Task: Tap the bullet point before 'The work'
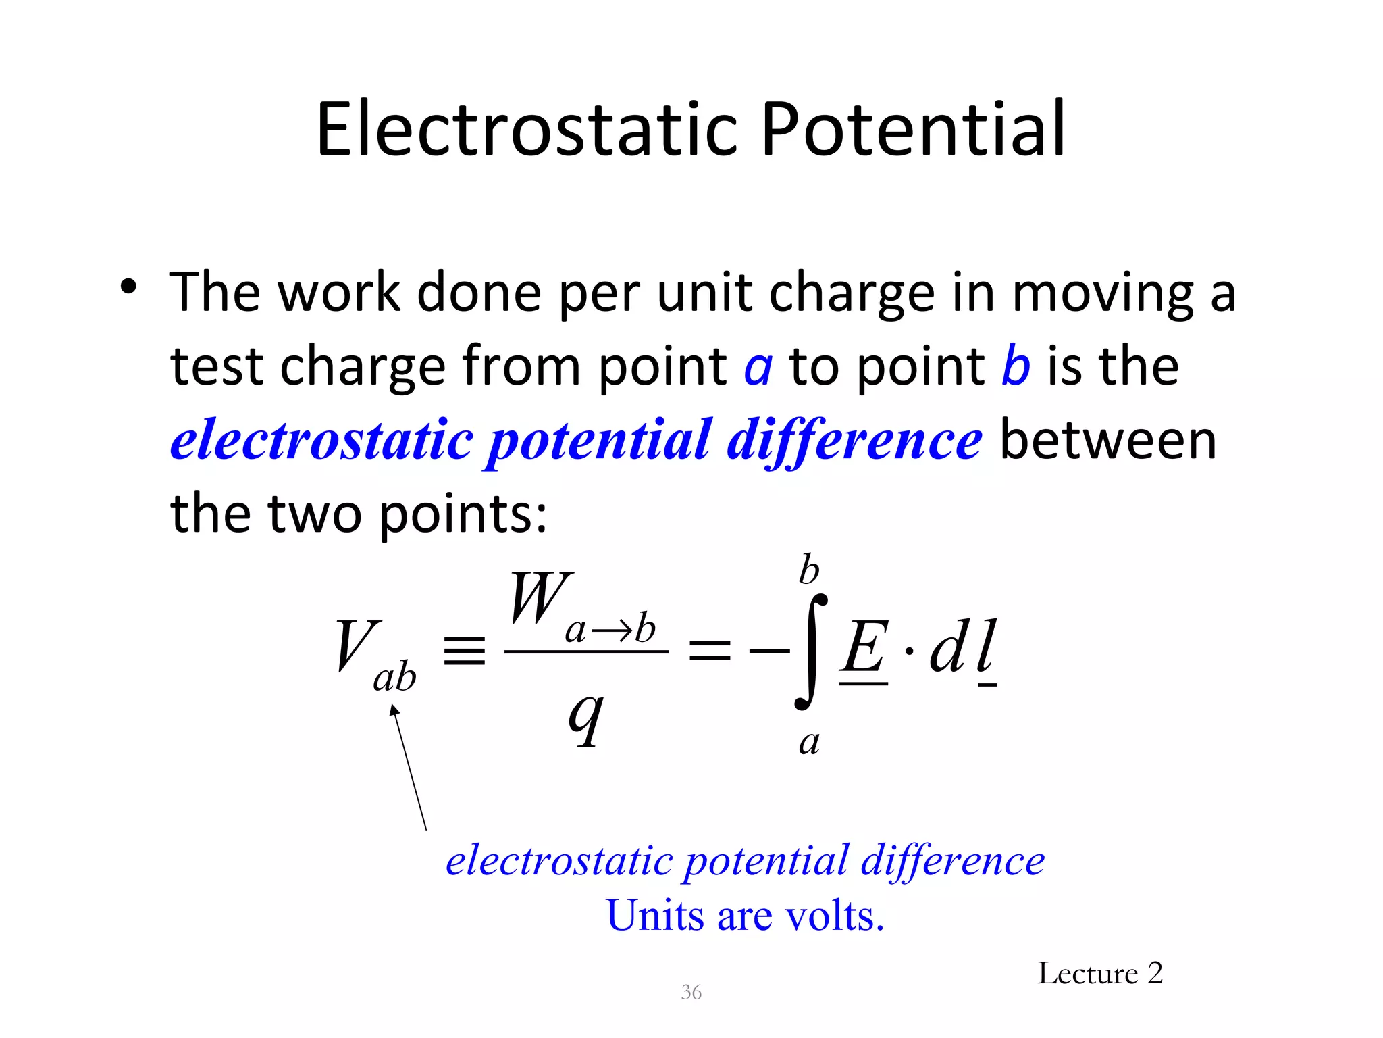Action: click(x=128, y=288)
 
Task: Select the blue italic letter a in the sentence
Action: click(x=758, y=367)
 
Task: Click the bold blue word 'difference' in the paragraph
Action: click(x=854, y=441)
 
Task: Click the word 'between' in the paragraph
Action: click(x=1107, y=441)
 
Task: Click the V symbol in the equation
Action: click(x=356, y=645)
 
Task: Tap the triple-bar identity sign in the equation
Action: click(x=465, y=650)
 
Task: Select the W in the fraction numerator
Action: click(x=540, y=598)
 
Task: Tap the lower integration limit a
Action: click(x=809, y=743)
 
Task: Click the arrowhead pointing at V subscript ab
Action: click(x=394, y=710)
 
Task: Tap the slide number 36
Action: click(x=691, y=992)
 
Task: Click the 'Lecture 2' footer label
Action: click(x=1099, y=974)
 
